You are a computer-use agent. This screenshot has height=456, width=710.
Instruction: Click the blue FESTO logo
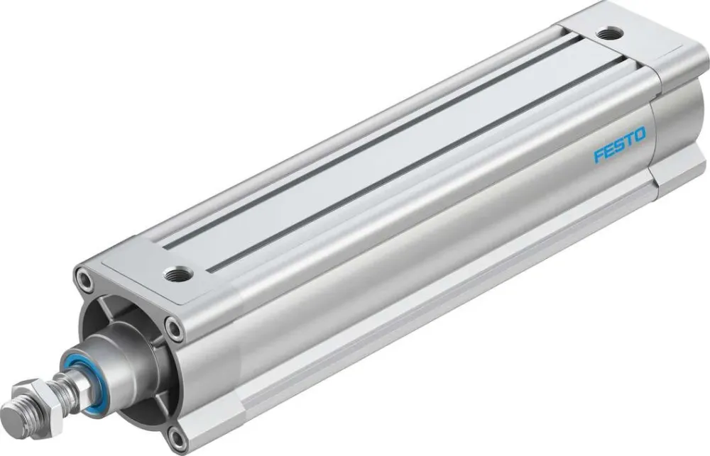coord(619,145)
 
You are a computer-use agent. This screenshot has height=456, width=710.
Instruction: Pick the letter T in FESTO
coord(628,139)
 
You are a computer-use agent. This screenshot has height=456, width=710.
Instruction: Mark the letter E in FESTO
coord(608,150)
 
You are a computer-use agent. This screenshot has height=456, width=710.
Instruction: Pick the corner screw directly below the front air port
coord(173,327)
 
